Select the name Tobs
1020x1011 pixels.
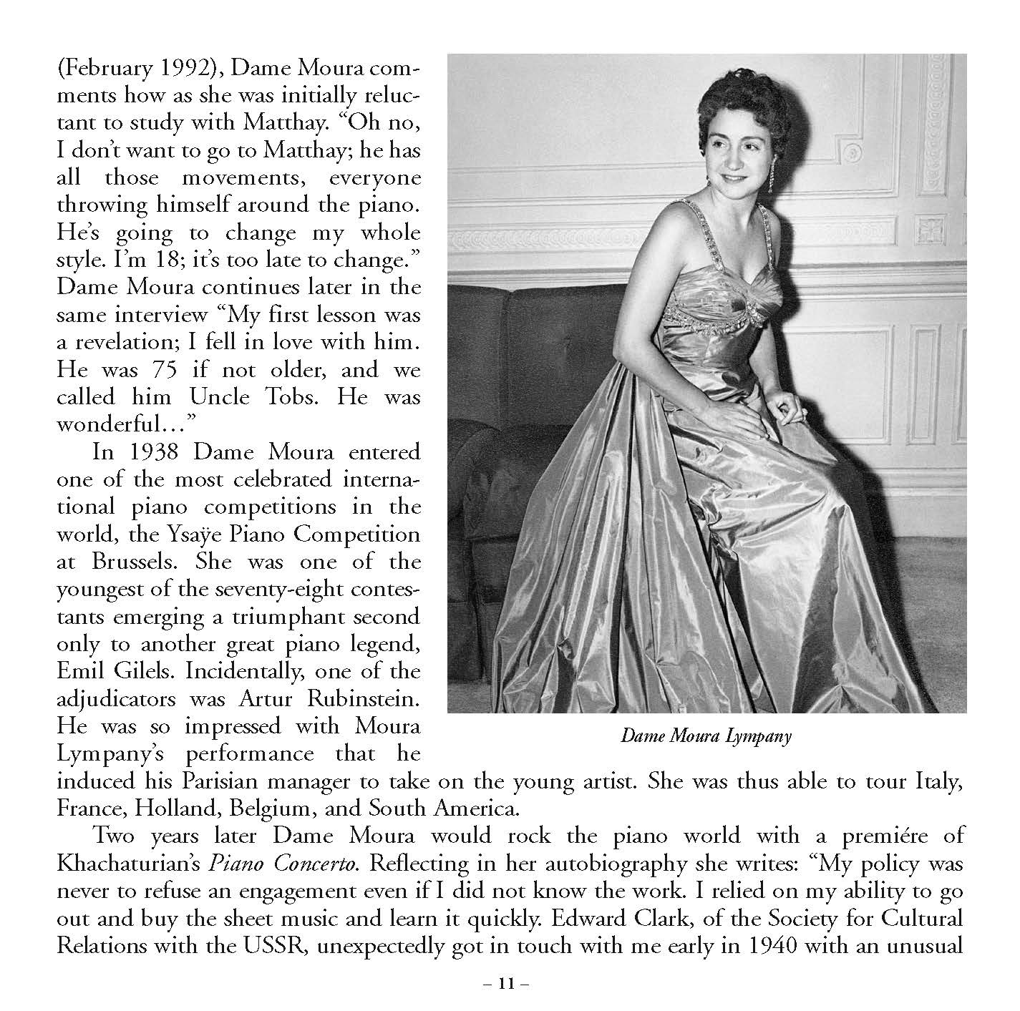tap(304, 396)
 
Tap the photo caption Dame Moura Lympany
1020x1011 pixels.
tap(706, 736)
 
